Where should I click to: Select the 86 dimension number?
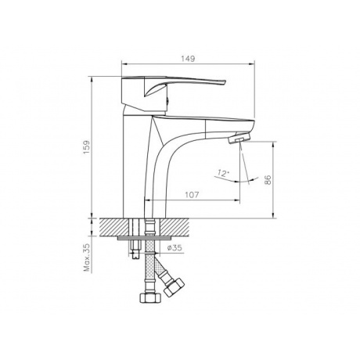pyautogui.click(x=267, y=179)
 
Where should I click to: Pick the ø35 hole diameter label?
pyautogui.click(x=173, y=249)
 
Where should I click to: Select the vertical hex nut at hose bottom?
pyautogui.click(x=147, y=300)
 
